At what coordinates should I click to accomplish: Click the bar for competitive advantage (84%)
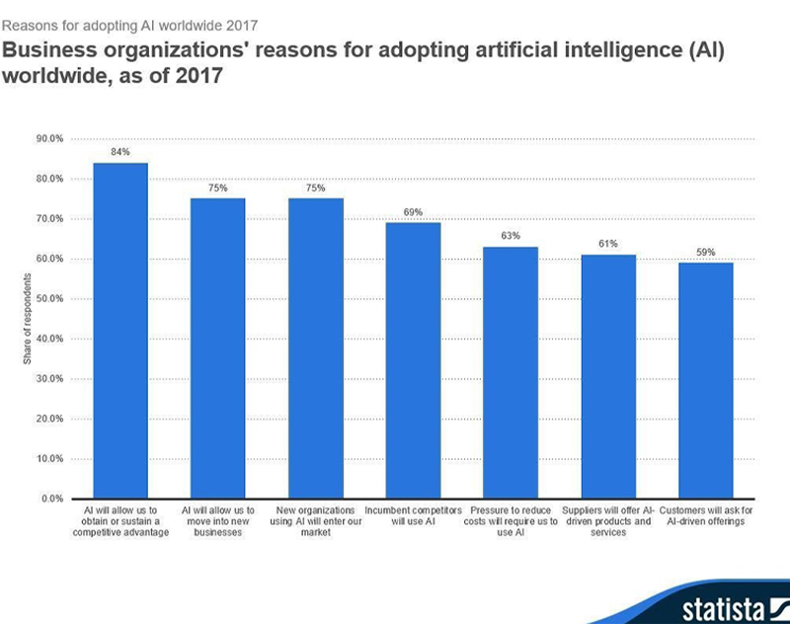pos(119,331)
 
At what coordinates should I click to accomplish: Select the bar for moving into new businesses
pos(217,349)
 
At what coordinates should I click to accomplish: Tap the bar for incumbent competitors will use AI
pos(413,360)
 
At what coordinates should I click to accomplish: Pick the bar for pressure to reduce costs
pos(511,372)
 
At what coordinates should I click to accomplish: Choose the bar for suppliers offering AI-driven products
pos(608,376)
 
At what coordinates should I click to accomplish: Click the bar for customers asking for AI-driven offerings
pos(705,380)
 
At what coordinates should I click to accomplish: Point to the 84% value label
pos(119,153)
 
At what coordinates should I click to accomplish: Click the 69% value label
pos(413,212)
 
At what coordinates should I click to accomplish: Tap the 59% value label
pos(705,253)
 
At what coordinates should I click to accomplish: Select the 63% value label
pos(511,237)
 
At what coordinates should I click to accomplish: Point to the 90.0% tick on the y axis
pos(49,138)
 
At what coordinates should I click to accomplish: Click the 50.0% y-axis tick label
pos(49,298)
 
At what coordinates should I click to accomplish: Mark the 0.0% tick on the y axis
pos(52,499)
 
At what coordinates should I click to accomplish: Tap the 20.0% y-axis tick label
pos(49,419)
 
